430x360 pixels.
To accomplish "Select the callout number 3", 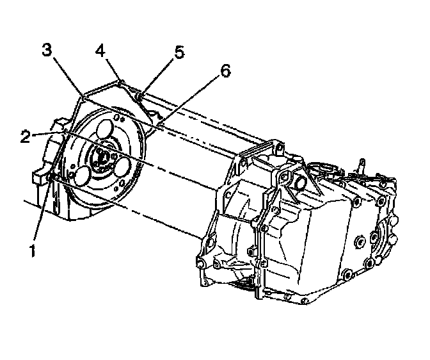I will click(47, 49).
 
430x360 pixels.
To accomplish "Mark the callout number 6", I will click(224, 71).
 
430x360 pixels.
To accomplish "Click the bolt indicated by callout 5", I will click(141, 97).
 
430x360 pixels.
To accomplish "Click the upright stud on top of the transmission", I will click(362, 165).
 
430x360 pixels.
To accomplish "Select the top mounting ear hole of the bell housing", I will click(280, 149).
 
